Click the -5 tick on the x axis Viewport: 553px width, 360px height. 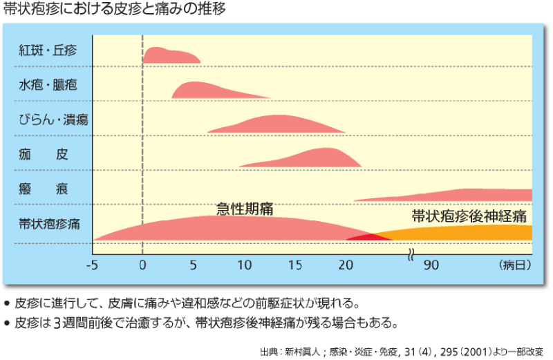tap(93, 265)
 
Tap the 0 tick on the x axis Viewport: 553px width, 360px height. tap(142, 265)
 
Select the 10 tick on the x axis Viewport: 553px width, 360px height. tap(244, 265)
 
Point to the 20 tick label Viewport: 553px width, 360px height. tap(346, 265)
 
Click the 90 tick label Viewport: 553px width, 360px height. tap(432, 265)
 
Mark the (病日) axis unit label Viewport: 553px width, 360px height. tap(513, 265)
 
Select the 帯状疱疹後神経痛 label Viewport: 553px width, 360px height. tap(469, 216)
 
